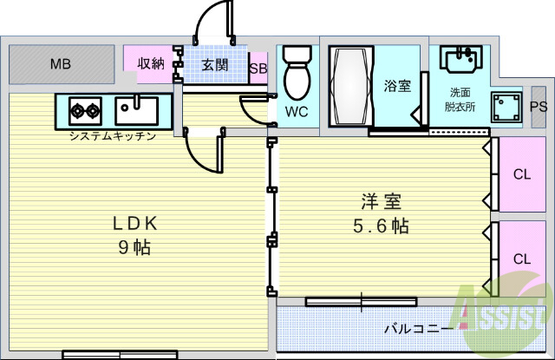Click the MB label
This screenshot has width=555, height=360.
click(x=61, y=64)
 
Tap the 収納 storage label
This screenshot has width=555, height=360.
click(x=152, y=63)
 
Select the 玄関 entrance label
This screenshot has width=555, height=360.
click(x=215, y=64)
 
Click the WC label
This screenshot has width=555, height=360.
click(x=297, y=111)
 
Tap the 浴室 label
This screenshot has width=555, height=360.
click(x=397, y=85)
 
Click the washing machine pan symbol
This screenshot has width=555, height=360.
click(x=506, y=108)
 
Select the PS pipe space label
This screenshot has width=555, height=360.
click(x=539, y=107)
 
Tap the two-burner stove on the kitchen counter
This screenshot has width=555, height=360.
click(x=84, y=110)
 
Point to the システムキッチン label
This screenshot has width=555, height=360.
click(x=114, y=136)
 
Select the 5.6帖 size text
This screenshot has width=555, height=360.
click(x=381, y=227)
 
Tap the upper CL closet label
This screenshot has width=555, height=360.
click(x=521, y=174)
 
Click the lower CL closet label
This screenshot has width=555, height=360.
click(x=521, y=259)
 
